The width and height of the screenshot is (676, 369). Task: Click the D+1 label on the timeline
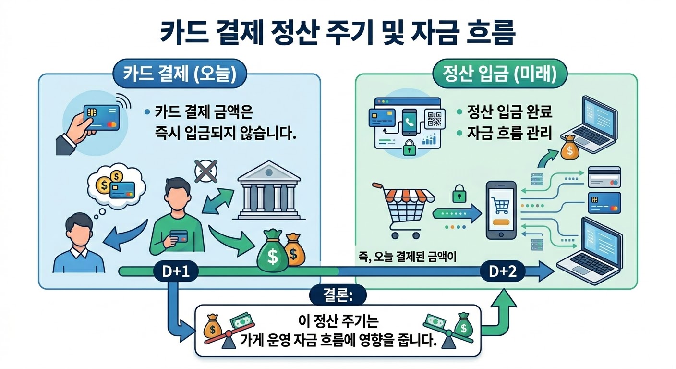pos(171,272)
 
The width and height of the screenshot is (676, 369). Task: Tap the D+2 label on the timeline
pos(502,272)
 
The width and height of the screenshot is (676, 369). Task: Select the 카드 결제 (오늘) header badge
pos(178,75)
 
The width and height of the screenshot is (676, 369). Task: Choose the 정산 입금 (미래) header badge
pos(500,75)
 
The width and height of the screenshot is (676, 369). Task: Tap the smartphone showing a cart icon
pos(501,210)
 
